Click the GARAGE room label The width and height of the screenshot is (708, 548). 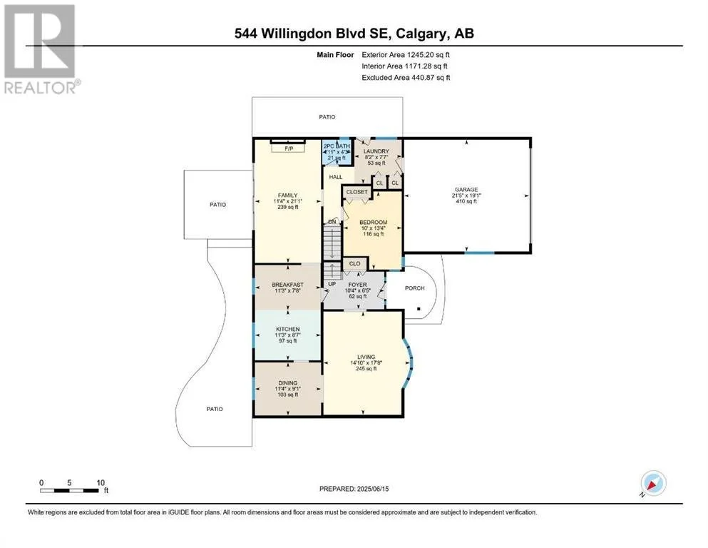pos(466,190)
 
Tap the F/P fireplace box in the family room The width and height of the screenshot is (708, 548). pos(289,148)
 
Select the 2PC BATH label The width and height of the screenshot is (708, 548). pos(337,146)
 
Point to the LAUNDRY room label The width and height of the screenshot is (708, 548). pos(376,151)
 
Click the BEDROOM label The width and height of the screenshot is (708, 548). pos(373,223)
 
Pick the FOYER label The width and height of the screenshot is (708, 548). pos(358,285)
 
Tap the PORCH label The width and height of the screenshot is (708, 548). pos(414,288)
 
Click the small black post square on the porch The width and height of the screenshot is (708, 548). pos(419,309)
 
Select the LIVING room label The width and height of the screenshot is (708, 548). pos(366,357)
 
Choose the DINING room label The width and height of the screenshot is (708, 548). pos(287,382)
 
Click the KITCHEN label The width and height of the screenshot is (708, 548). pos(287,330)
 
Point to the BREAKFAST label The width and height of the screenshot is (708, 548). pos(287,285)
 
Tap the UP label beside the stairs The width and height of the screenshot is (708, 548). pos(332,284)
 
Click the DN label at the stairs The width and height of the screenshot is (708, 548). pos(332,222)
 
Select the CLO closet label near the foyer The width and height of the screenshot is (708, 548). pos(355,263)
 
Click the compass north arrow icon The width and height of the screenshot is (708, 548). pos(653,483)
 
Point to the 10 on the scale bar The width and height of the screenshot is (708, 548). pos(101,482)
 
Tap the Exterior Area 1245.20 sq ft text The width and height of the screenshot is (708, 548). pos(406,55)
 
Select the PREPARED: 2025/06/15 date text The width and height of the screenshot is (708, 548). pos(354,489)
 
